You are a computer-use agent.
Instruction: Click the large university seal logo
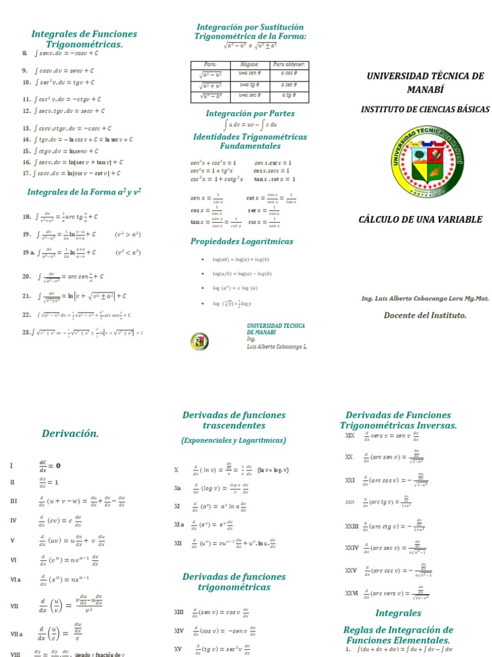(x=425, y=162)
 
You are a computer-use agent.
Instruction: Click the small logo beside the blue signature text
(x=200, y=341)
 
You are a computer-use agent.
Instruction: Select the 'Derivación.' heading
(x=70, y=434)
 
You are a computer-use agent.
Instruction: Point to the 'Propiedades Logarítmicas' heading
(x=242, y=241)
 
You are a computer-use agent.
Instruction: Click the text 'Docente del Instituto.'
(x=425, y=315)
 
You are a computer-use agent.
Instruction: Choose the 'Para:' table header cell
(x=210, y=65)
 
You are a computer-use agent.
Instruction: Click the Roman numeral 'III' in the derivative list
(x=14, y=501)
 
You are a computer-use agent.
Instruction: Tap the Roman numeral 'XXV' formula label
(x=351, y=570)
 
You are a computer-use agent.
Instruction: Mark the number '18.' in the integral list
(x=27, y=217)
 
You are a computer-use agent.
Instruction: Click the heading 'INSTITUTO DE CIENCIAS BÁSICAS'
(x=425, y=110)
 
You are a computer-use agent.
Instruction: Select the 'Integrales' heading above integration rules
(x=398, y=613)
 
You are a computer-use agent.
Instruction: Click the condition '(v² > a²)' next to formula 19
(x=128, y=234)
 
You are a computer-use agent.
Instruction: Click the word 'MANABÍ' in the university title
(x=425, y=89)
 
